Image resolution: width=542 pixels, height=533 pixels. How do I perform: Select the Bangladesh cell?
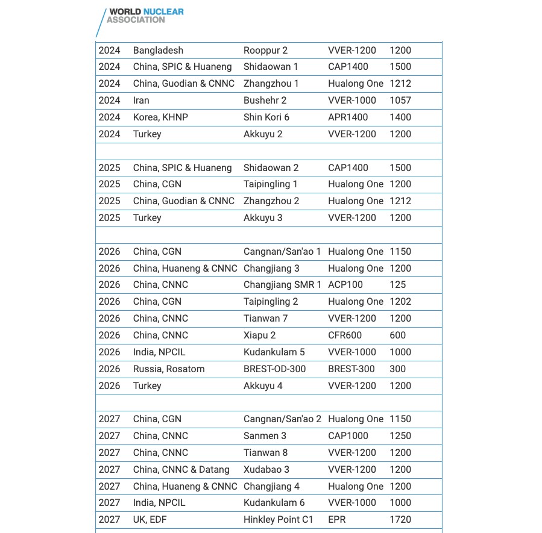click(x=158, y=51)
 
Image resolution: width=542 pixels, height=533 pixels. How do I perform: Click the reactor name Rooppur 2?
click(x=265, y=51)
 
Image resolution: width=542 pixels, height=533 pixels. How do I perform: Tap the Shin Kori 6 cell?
click(x=266, y=117)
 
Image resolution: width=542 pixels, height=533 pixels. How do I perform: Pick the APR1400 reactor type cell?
click(x=348, y=117)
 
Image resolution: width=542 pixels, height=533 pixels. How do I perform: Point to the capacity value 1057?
click(x=400, y=101)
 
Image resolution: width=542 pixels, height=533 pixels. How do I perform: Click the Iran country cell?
click(x=141, y=101)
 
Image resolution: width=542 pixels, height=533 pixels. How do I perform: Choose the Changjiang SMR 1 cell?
click(x=282, y=285)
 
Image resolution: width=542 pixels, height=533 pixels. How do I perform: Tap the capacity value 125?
click(x=398, y=285)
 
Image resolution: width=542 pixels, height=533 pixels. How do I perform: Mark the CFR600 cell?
click(x=345, y=335)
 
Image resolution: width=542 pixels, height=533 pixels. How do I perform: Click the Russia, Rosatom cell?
click(x=169, y=369)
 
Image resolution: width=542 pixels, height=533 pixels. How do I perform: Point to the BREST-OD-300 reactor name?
click(x=274, y=369)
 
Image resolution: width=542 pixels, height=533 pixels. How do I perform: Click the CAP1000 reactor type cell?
click(x=348, y=436)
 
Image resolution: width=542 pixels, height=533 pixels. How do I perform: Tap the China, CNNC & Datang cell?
click(x=181, y=470)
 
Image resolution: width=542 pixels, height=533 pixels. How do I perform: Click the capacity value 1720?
click(x=400, y=520)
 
